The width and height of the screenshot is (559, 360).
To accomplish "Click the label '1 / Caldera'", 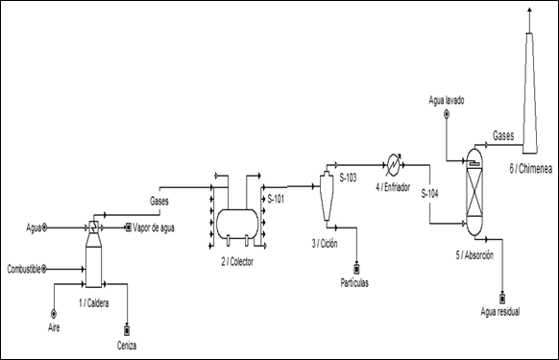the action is (94, 303).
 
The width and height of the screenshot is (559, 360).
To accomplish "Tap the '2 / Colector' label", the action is (237, 262).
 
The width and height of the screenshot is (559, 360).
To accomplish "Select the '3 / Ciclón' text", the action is (325, 244).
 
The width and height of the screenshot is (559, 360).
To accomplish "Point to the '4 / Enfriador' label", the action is (393, 187).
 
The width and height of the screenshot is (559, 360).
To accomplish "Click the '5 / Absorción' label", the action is (474, 255).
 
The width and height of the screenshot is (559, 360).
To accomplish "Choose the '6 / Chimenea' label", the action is (530, 169).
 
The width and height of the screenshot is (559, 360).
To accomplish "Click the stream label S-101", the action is (276, 199).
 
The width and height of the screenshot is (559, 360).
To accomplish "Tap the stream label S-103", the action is (348, 178).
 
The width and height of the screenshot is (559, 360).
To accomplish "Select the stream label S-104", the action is (429, 194).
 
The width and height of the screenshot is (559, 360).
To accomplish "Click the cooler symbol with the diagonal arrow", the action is (394, 165).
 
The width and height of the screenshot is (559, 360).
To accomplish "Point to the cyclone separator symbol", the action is (327, 196).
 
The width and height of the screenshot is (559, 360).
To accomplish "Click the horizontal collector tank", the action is (237, 223).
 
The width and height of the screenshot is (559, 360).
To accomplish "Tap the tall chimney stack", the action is (530, 93).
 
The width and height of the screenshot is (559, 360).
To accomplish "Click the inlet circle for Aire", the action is (54, 314).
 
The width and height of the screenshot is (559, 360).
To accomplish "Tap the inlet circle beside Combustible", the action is (44, 269).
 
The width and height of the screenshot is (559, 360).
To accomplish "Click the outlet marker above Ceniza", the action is (127, 331).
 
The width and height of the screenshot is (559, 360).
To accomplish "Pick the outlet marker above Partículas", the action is (355, 269).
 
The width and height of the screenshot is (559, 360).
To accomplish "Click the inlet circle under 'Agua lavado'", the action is (446, 114).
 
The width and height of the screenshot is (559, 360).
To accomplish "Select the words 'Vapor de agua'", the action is (154, 228).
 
